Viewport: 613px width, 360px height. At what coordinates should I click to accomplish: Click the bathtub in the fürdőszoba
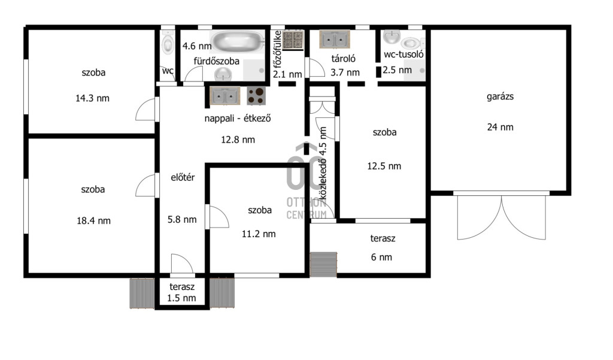(237, 41)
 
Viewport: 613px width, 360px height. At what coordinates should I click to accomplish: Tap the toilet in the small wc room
(168, 43)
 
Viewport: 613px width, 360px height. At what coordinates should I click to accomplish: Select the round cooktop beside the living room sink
(256, 95)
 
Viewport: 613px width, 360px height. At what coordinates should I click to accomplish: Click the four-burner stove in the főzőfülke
(293, 40)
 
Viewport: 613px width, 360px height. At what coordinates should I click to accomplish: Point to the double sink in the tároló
(335, 39)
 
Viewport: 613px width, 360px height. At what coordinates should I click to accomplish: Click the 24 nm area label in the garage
(500, 127)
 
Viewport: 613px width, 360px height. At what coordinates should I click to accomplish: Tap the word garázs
(500, 96)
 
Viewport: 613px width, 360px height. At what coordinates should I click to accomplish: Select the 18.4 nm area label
(93, 220)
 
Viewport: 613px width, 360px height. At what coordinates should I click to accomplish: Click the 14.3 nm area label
(92, 98)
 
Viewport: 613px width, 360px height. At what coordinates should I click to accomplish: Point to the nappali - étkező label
(238, 118)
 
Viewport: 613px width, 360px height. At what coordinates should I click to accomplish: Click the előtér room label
(183, 177)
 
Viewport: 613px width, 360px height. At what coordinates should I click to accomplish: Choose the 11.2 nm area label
(259, 234)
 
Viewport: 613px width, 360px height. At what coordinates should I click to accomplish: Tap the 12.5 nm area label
(384, 166)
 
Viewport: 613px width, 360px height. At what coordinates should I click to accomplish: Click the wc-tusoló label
(403, 55)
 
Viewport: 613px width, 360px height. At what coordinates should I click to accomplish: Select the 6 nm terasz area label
(381, 257)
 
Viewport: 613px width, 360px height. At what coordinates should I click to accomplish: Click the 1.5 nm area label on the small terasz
(181, 298)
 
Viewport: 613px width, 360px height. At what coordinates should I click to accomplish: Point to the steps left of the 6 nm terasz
(323, 265)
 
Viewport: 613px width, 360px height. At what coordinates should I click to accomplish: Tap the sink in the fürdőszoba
(223, 73)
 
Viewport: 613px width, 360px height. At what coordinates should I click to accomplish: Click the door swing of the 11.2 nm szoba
(219, 217)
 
